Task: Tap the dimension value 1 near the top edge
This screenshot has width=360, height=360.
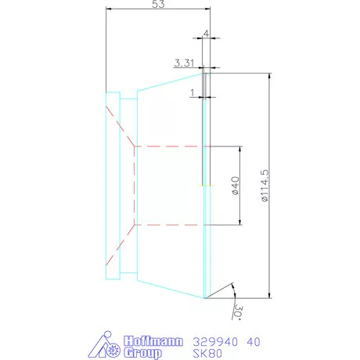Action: [x=192, y=92]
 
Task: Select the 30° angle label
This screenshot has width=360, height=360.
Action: [x=237, y=312]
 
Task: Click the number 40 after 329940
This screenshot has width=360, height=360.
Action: [x=254, y=341]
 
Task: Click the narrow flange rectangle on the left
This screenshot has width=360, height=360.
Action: [x=112, y=185]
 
